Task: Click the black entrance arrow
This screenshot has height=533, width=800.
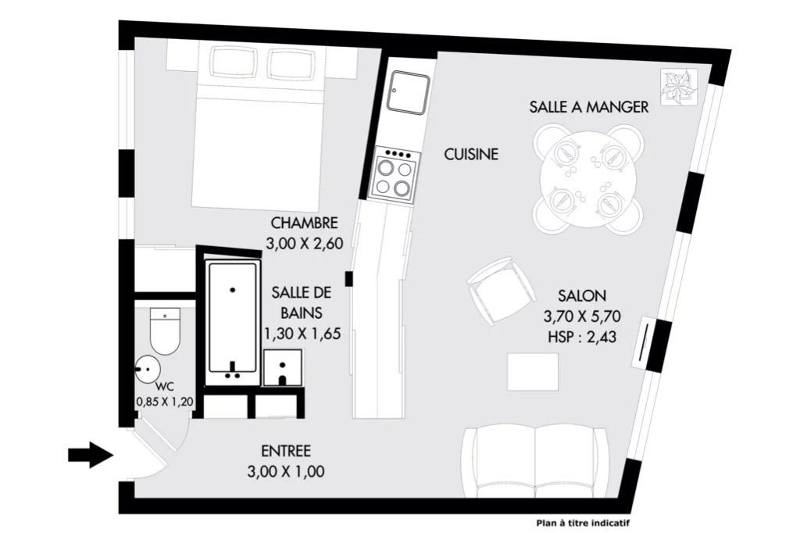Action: click(x=91, y=454)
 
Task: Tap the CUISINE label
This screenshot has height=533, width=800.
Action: click(x=471, y=154)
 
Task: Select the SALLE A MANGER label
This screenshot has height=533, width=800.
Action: click(x=589, y=107)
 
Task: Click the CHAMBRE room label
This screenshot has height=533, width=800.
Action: click(x=304, y=223)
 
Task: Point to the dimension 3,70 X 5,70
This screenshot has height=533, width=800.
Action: click(x=582, y=317)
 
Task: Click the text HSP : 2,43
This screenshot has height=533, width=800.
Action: click(x=582, y=337)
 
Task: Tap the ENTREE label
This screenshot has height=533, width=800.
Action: click(x=286, y=451)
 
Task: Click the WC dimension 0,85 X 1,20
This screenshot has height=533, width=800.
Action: click(x=165, y=402)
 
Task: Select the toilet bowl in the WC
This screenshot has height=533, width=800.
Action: click(x=165, y=330)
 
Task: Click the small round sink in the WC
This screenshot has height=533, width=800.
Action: click(x=148, y=368)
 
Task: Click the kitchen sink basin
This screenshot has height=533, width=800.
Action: click(x=408, y=92)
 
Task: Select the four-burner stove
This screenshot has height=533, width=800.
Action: click(x=395, y=175)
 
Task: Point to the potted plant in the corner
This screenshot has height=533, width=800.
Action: click(x=679, y=87)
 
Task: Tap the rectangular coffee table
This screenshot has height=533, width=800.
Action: click(x=533, y=371)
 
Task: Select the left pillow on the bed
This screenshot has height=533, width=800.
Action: click(x=233, y=63)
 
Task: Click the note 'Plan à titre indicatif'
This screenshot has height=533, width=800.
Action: click(x=583, y=523)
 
